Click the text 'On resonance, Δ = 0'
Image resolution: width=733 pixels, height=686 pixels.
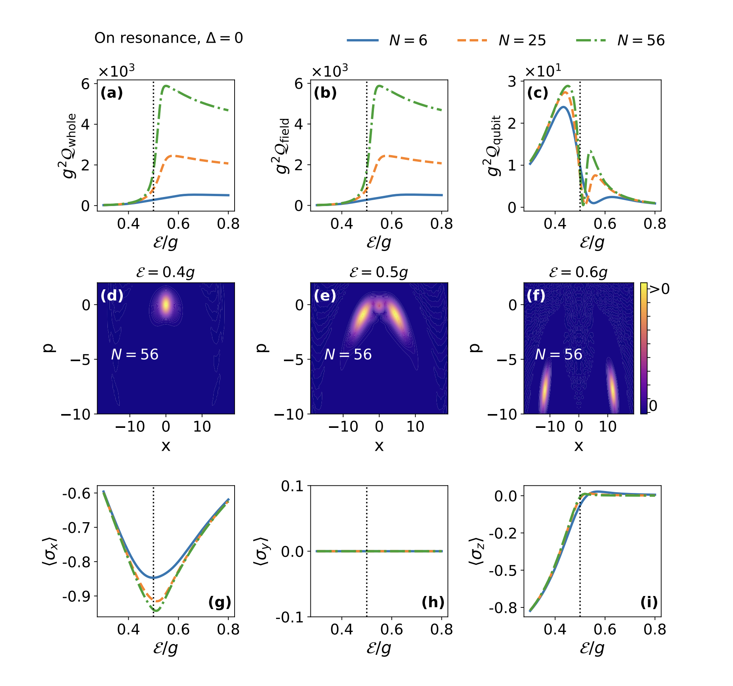[169, 38]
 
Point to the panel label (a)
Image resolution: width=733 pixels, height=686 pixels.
[112, 93]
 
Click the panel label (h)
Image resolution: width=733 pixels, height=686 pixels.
[433, 602]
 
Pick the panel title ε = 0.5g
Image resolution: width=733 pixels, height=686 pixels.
[379, 272]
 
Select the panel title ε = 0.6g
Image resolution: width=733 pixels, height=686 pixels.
[578, 272]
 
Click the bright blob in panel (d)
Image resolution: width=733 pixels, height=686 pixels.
[166, 304]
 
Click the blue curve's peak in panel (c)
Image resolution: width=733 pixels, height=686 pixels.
[563, 107]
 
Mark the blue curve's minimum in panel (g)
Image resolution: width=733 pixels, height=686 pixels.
[154, 578]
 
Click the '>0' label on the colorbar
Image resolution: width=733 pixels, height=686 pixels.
[660, 289]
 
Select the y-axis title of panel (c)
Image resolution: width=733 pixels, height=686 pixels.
[494, 146]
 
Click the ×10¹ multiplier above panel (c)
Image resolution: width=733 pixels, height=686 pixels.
[543, 71]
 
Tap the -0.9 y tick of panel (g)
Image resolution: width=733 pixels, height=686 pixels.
[76, 596]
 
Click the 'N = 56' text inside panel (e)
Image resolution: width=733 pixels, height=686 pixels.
[348, 354]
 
